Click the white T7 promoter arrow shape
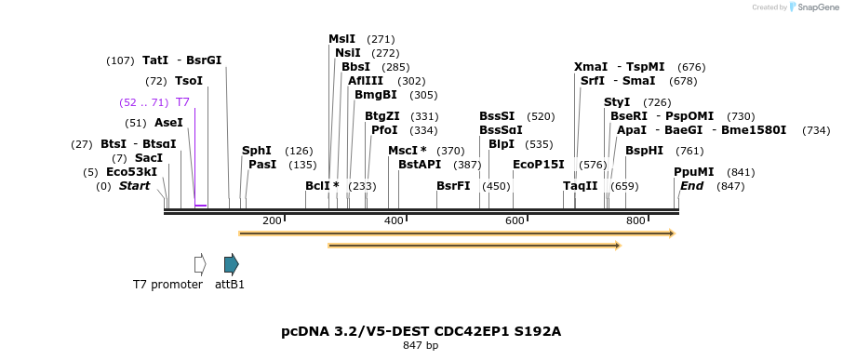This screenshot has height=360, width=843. pos(199,264)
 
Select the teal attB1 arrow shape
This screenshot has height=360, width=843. pos(232,264)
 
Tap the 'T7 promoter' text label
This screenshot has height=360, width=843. pos(167,285)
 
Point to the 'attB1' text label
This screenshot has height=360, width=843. pos(230,285)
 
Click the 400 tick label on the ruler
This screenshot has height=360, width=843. pos(394,220)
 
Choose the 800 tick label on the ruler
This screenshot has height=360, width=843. pos(636,220)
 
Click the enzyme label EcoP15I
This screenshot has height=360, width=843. pos(539,165)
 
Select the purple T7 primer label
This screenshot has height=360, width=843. pos(182,102)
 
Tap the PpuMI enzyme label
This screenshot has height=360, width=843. pos(694,172)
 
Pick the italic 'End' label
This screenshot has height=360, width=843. pos(691,186)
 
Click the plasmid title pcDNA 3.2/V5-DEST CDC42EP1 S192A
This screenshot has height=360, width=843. pos(421,331)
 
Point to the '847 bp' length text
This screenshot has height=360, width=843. pos(421,346)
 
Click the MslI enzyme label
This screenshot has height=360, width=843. pos(341,39)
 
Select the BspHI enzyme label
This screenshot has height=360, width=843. pos(644,151)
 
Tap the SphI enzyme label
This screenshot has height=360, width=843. pos(257,151)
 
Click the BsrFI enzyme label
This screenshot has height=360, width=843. pos(453,186)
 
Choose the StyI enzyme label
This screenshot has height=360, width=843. pos(617,102)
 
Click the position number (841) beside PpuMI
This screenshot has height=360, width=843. pos(741,172)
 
